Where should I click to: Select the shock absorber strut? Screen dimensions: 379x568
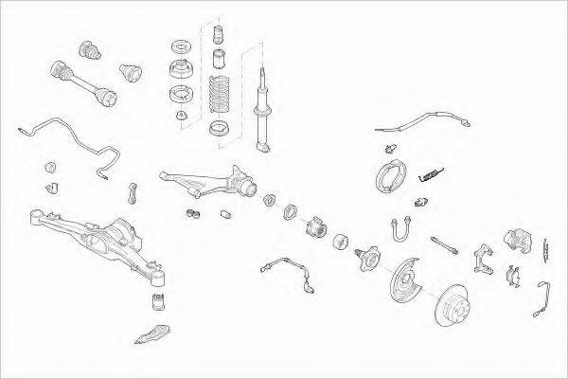click(x=261, y=104)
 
